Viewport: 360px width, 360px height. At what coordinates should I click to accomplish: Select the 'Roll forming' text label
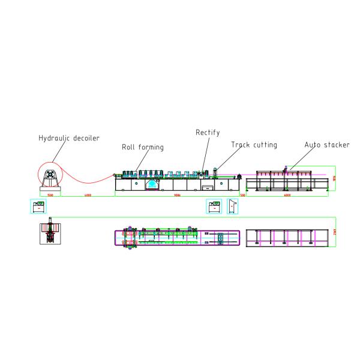pos(143,147)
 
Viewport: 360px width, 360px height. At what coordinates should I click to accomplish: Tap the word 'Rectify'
pos(208,132)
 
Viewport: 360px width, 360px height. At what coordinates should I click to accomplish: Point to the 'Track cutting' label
pos(254,145)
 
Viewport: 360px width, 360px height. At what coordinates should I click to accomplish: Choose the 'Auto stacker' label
pos(326,145)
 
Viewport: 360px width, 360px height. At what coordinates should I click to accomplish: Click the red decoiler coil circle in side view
pos(49,175)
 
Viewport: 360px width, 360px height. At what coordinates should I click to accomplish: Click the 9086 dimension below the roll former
pos(176,196)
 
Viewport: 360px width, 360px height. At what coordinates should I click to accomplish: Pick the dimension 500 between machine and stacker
pos(243,196)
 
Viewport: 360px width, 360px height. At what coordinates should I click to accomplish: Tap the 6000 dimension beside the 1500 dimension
pos(88,196)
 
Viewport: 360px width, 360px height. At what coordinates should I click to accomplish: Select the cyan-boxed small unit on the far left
pos(39,206)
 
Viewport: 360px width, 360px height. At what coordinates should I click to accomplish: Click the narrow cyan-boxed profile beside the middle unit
pos(233,206)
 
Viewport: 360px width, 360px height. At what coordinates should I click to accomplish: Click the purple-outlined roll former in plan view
pos(176,238)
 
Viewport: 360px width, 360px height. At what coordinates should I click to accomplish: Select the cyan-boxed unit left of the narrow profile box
pos(214,206)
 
